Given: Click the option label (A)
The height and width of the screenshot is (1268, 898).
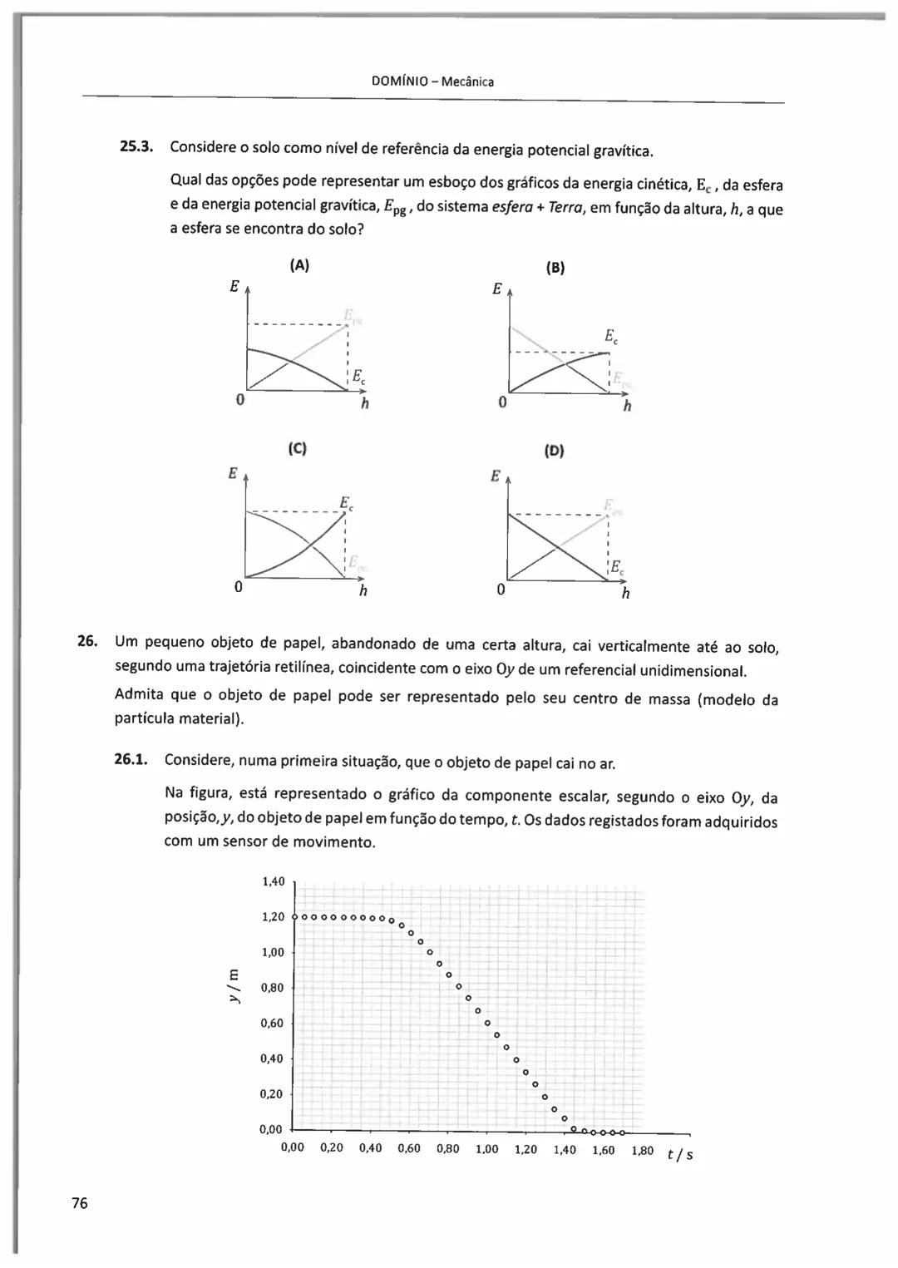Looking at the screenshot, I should [x=299, y=265].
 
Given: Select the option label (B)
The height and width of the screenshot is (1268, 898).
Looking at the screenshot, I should [x=555, y=268].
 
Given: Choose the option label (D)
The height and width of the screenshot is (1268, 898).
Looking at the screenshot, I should [x=554, y=451].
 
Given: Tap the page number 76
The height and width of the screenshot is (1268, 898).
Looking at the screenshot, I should [x=80, y=1203].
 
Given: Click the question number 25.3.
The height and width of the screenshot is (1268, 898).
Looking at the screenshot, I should [x=137, y=147].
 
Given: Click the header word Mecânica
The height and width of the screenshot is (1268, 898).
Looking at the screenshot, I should [x=467, y=81].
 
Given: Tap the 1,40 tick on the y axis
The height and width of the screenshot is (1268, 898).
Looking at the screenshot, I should [x=273, y=881].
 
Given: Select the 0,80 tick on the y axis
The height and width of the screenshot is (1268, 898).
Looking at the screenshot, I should [x=273, y=988].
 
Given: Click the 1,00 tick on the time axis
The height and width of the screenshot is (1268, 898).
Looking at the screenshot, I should [x=486, y=1149].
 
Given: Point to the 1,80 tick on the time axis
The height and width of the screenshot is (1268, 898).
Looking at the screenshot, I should [x=642, y=1151].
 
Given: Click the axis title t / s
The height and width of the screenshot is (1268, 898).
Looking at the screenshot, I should [x=680, y=1154].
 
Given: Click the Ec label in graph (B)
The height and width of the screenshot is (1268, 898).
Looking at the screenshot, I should [x=611, y=337].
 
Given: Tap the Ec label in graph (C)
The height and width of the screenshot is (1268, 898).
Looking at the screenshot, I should [x=346, y=503].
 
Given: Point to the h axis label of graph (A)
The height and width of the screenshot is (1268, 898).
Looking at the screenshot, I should [x=364, y=405].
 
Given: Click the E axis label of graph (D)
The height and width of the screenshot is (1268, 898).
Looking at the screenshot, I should [x=496, y=476].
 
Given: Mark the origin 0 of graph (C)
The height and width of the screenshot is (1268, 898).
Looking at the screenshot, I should [x=238, y=587].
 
